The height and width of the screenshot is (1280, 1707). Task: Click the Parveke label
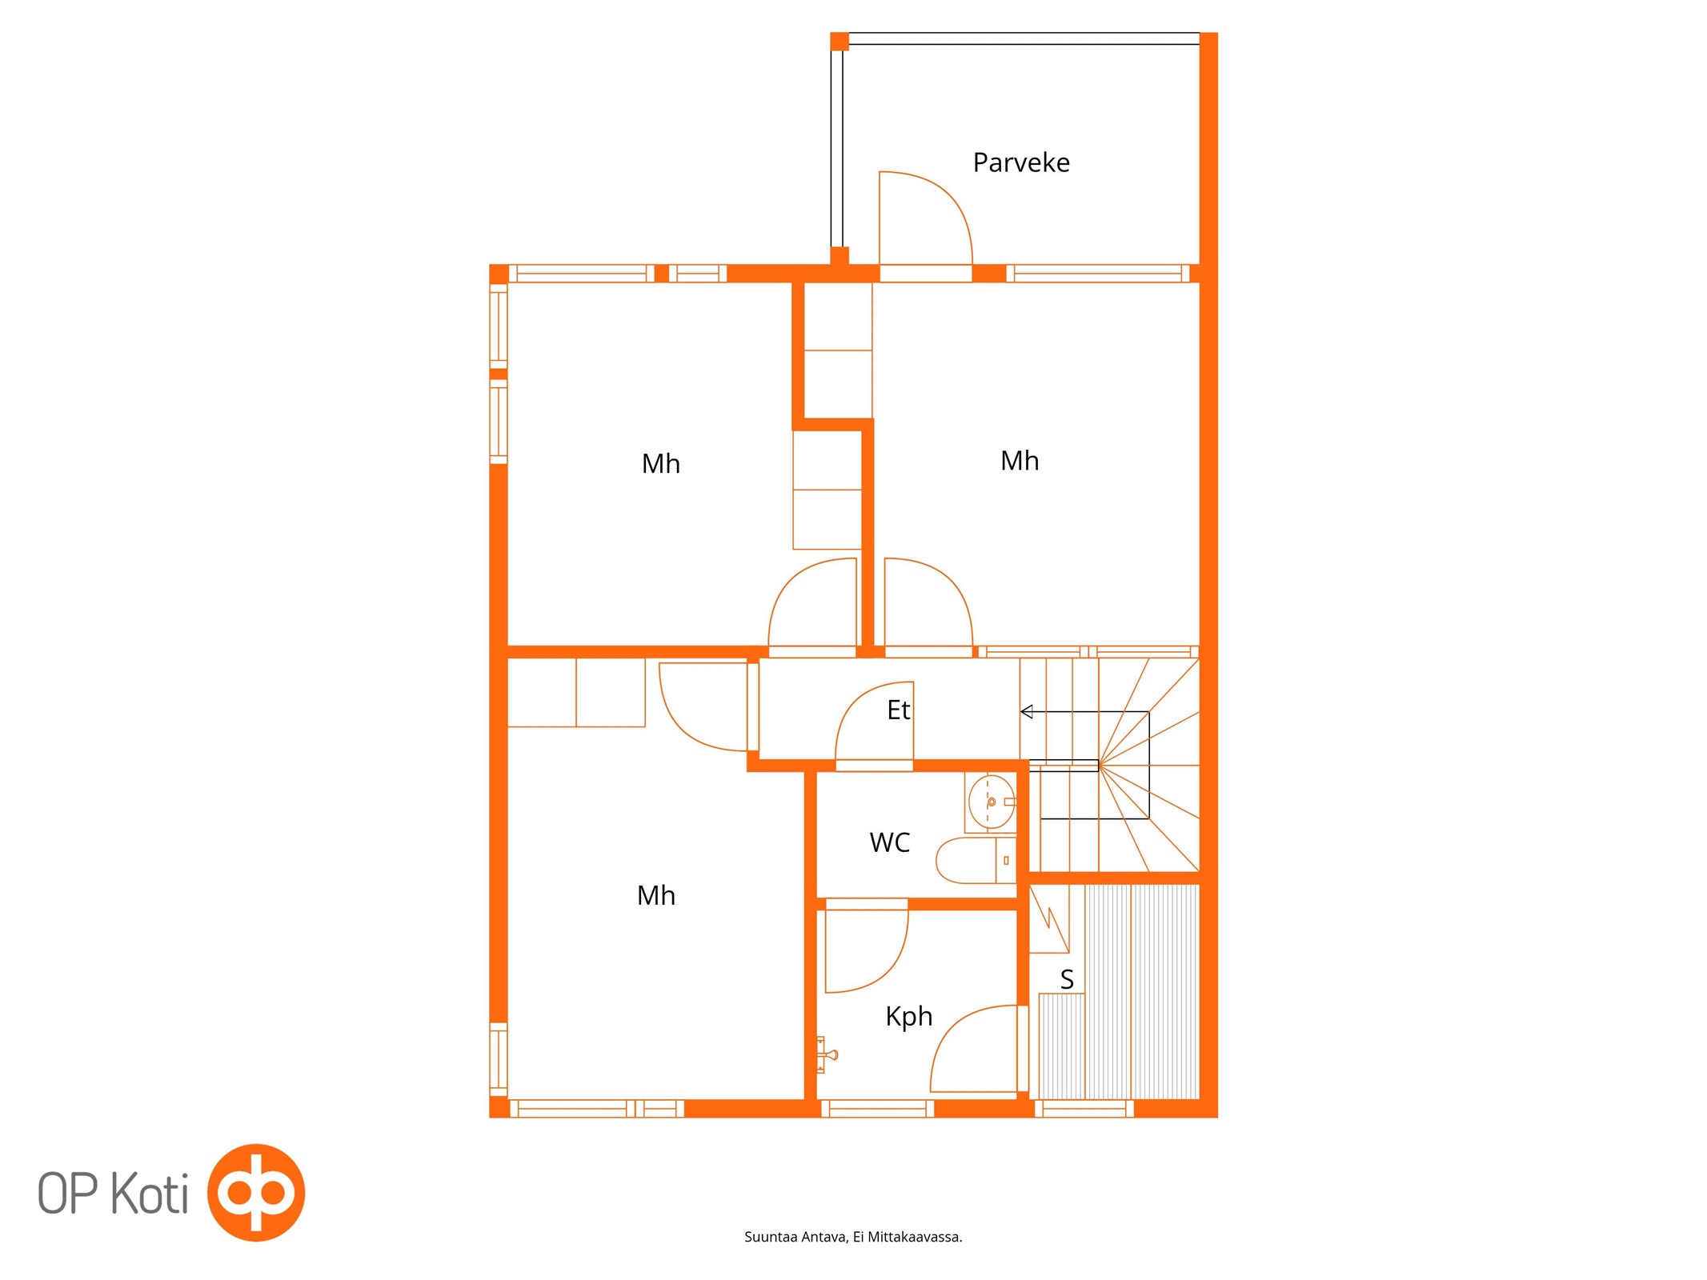(x=1020, y=162)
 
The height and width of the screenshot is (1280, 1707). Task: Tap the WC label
(x=889, y=842)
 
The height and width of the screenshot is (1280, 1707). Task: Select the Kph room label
(x=908, y=1017)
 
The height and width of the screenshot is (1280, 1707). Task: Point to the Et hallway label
(x=898, y=710)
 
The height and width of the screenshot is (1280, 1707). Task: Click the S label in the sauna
(x=1066, y=979)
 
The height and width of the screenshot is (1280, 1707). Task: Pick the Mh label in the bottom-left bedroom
(x=655, y=895)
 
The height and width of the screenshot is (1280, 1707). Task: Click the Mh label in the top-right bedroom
(x=1020, y=461)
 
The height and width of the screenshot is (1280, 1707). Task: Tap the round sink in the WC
(x=992, y=802)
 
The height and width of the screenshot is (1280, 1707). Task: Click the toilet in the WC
(x=976, y=860)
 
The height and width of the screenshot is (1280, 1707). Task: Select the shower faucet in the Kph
(x=825, y=1054)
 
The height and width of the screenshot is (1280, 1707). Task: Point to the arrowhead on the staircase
(x=1027, y=711)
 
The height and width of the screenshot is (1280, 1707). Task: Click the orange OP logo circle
(x=256, y=1192)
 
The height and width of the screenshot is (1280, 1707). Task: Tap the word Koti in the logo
(x=149, y=1194)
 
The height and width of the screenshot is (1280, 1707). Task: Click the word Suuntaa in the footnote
(x=771, y=1237)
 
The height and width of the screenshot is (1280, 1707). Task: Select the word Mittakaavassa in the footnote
(x=915, y=1237)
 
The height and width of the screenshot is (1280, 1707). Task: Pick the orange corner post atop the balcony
(x=839, y=41)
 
